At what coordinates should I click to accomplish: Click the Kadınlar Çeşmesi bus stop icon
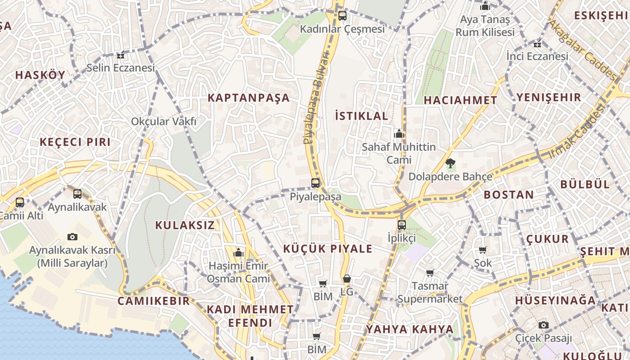[342, 16]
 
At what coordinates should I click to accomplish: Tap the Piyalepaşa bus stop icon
[315, 183]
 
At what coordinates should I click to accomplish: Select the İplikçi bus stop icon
[401, 224]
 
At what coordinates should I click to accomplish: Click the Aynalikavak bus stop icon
[77, 194]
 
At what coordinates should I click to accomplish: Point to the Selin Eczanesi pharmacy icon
[120, 55]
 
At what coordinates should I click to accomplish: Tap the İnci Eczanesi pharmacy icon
[537, 44]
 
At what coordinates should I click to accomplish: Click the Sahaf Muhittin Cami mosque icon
[399, 134]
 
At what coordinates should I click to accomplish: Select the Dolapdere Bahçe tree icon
[450, 163]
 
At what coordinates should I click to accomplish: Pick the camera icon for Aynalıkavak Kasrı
[72, 237]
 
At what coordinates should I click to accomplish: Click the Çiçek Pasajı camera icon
[543, 325]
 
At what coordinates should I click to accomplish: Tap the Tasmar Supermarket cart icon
[430, 273]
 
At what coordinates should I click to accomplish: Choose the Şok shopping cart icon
[482, 250]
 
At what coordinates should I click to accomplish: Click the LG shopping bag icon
[346, 279]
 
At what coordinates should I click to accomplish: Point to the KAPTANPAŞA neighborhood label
[248, 98]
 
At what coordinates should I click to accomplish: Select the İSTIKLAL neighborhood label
[361, 116]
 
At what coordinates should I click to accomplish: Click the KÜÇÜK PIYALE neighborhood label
[328, 249]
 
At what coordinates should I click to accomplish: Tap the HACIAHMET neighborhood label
[460, 100]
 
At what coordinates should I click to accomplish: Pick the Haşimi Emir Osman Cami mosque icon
[239, 253]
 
